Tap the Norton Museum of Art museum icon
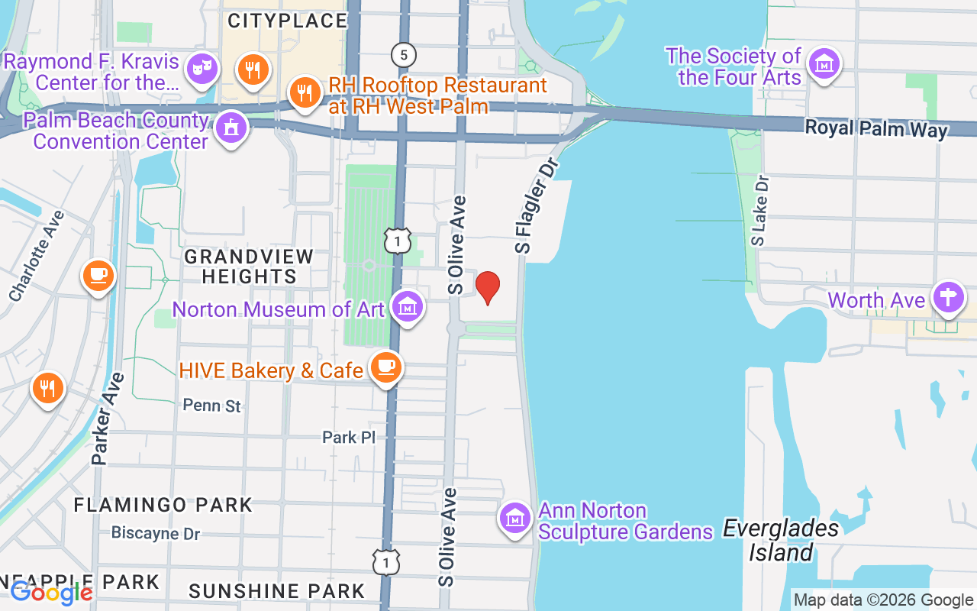coord(407,307)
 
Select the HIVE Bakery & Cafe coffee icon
coord(385,367)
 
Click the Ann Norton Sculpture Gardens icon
coord(515,518)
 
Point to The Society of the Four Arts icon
coord(824,64)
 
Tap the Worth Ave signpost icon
coord(948,298)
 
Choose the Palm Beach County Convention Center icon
coord(231,128)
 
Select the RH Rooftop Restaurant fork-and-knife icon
coord(305,93)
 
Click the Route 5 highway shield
coord(403,54)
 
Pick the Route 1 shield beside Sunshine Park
coord(386,563)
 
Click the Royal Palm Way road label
coord(876,128)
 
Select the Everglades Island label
coord(780,540)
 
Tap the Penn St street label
coord(212,406)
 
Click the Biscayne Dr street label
coord(156,533)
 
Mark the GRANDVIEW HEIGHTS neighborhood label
coord(249,266)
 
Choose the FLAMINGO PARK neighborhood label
coord(163,505)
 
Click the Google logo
coord(52,593)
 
